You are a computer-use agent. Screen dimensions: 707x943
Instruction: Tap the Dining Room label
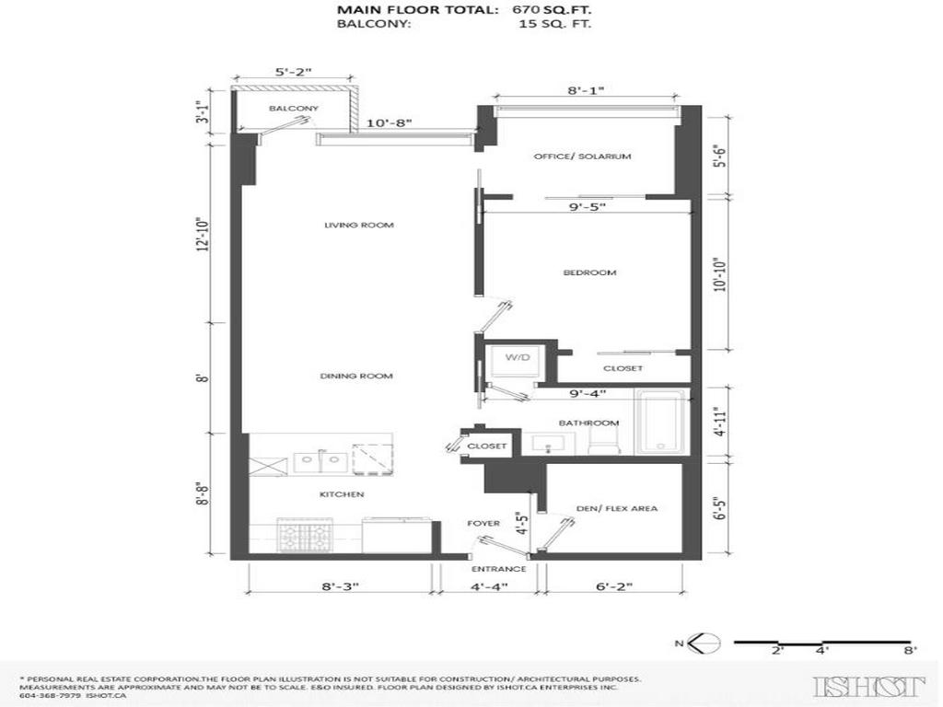356,376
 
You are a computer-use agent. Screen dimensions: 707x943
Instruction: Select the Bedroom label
589,272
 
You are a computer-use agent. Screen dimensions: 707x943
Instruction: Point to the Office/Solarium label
582,156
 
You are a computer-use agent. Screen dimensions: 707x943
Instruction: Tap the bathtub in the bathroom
660,423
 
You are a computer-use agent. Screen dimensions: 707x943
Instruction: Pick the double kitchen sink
319,460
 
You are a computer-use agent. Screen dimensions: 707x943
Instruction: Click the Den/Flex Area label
616,508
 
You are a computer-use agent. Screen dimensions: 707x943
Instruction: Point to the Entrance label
504,569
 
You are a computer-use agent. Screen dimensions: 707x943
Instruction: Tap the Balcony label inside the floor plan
293,109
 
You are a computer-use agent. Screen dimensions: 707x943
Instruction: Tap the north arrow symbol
705,643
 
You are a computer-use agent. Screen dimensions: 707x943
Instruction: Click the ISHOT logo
869,685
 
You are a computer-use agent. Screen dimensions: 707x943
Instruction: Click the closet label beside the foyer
486,446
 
